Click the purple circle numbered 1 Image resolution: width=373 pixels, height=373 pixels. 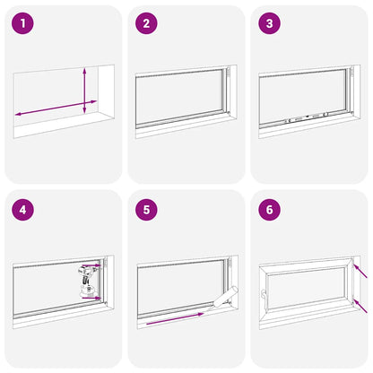pyautogui.click(x=22, y=23)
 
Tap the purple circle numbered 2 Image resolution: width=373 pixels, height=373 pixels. pyautogui.click(x=146, y=23)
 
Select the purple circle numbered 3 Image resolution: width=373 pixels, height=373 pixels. pyautogui.click(x=269, y=23)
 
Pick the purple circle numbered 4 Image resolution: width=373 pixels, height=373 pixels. pyautogui.click(x=22, y=210)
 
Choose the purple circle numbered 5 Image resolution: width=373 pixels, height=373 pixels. pyautogui.click(x=146, y=210)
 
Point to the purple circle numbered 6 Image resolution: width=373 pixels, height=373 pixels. pyautogui.click(x=269, y=210)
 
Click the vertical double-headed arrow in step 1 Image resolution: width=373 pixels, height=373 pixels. pyautogui.click(x=84, y=91)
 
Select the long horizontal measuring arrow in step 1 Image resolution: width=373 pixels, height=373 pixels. pyautogui.click(x=56, y=108)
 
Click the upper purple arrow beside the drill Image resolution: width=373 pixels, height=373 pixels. pyautogui.click(x=91, y=265)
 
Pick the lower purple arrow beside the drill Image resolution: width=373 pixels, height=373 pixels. pyautogui.click(x=91, y=298)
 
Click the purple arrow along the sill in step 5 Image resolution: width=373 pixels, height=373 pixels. pyautogui.click(x=175, y=318)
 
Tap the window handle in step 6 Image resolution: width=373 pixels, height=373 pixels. pyautogui.click(x=263, y=294)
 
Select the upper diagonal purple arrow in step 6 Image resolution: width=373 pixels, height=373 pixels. pyautogui.click(x=360, y=271)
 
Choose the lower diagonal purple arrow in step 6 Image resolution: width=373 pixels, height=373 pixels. pyautogui.click(x=360, y=306)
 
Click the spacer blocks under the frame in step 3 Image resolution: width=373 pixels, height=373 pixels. pyautogui.click(x=306, y=117)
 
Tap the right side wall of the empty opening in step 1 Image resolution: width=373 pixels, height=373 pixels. pyautogui.click(x=107, y=91)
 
